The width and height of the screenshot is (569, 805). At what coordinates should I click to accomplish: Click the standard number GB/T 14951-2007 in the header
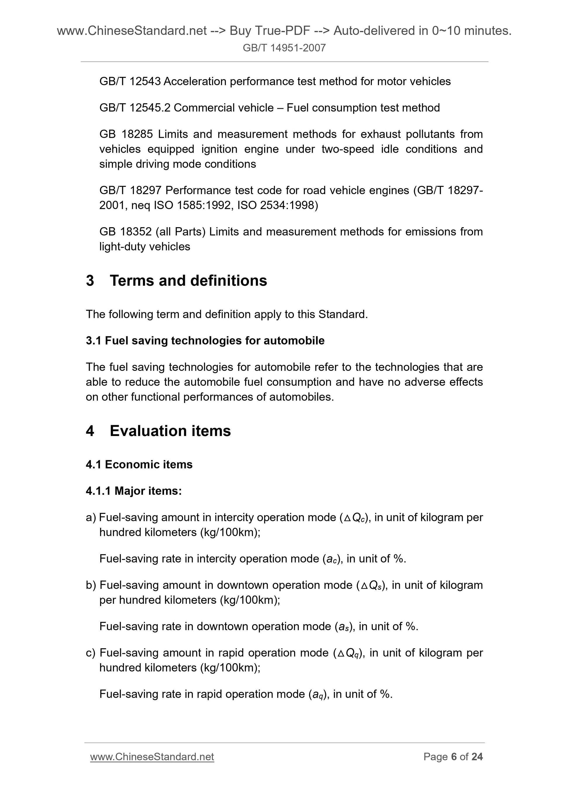284,48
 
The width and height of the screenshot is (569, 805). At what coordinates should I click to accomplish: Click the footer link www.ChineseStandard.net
152,757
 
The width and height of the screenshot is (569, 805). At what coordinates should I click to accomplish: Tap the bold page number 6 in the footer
454,757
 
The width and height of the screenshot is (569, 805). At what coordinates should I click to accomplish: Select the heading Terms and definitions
188,281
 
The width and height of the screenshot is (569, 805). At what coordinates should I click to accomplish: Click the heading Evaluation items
170,431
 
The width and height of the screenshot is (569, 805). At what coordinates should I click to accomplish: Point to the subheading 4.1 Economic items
139,465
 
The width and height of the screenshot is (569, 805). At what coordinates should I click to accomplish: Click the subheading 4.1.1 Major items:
134,491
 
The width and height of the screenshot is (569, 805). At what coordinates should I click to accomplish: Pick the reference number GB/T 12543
130,81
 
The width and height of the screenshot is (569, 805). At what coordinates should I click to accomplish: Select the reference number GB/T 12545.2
135,108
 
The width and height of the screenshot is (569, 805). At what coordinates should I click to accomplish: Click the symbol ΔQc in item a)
355,518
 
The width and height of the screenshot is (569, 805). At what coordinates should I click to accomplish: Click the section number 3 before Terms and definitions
90,281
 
